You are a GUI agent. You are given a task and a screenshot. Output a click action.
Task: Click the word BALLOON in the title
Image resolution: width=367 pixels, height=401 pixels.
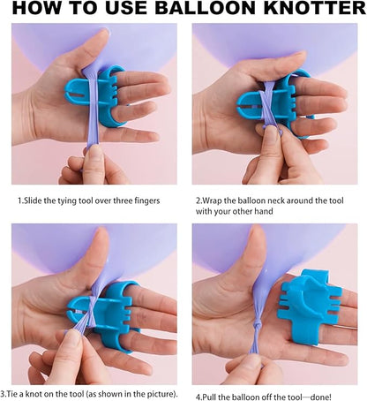(206, 8)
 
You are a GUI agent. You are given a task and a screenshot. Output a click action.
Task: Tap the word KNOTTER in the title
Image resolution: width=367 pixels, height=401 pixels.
(315, 8)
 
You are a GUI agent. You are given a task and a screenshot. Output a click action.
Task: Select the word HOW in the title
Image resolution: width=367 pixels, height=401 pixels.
(33, 8)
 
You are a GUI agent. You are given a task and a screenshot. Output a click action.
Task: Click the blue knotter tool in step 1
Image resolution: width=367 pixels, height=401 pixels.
(95, 95)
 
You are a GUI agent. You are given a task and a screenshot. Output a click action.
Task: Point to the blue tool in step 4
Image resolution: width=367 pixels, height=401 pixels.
(311, 306)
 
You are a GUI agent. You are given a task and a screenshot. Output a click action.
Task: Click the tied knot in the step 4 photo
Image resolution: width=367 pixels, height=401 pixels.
(257, 327)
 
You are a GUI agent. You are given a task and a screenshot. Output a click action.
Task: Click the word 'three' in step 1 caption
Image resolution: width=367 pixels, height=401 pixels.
(123, 200)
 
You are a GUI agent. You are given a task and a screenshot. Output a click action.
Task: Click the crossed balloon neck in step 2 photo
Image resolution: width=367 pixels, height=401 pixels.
(267, 104)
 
